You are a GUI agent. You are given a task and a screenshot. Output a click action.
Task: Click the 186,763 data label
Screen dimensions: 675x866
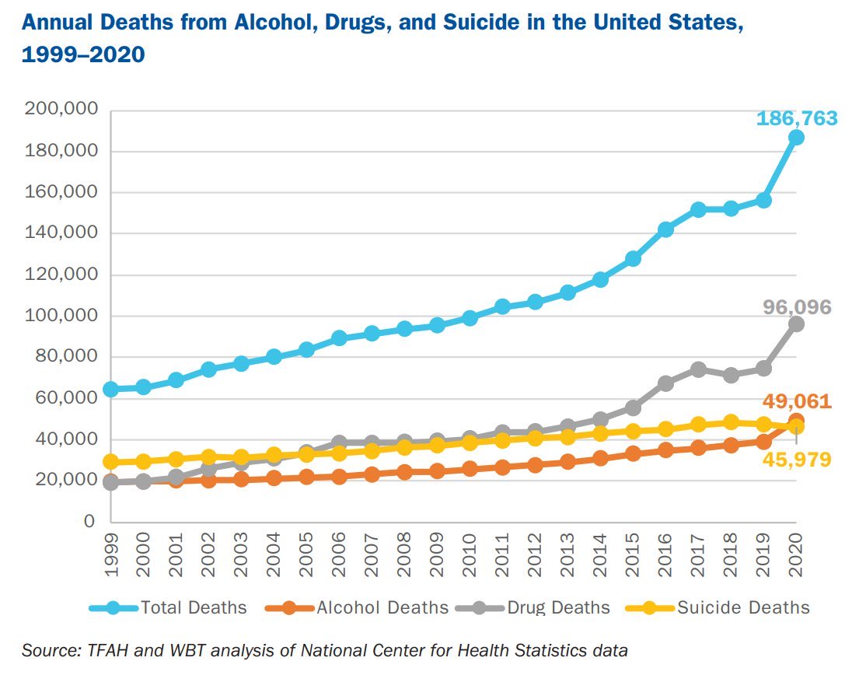point(797,119)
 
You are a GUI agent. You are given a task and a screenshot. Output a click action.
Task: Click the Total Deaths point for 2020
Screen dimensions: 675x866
point(796,138)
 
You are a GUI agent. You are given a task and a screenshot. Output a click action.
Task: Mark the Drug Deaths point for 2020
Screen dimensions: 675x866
point(796,324)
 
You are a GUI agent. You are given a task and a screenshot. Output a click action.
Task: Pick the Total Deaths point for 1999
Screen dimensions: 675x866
point(111,389)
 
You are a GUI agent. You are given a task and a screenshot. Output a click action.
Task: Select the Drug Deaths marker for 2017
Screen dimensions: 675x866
point(698,369)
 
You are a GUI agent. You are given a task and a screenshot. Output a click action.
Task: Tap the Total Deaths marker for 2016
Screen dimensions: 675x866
point(665,229)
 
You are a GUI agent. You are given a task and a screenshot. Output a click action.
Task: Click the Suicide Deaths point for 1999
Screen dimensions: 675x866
point(111,462)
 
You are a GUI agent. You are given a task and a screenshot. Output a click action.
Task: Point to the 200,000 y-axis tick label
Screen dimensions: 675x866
point(61,110)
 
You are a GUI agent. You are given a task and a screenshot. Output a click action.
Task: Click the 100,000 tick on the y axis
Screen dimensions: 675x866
point(61,316)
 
